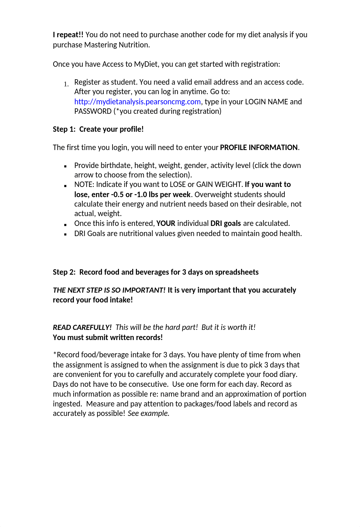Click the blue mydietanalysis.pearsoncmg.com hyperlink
pos(137,102)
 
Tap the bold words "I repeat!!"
pos(68,35)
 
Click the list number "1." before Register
pos(66,84)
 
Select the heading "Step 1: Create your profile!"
pos(98,129)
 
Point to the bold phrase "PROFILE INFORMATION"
pos(259,147)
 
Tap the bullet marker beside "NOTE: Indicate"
pos(65,186)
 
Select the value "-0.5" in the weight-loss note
pos(117,194)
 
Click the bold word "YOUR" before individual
pos(166,223)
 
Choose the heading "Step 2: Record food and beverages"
pos(156,272)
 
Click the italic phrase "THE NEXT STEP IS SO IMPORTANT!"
pos(109,290)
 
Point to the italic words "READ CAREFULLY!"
pos(82,327)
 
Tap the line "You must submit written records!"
pos(108,337)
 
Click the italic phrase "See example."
pos(148,413)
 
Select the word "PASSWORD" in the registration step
pos(93,111)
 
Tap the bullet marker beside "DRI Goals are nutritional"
pos(65,234)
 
